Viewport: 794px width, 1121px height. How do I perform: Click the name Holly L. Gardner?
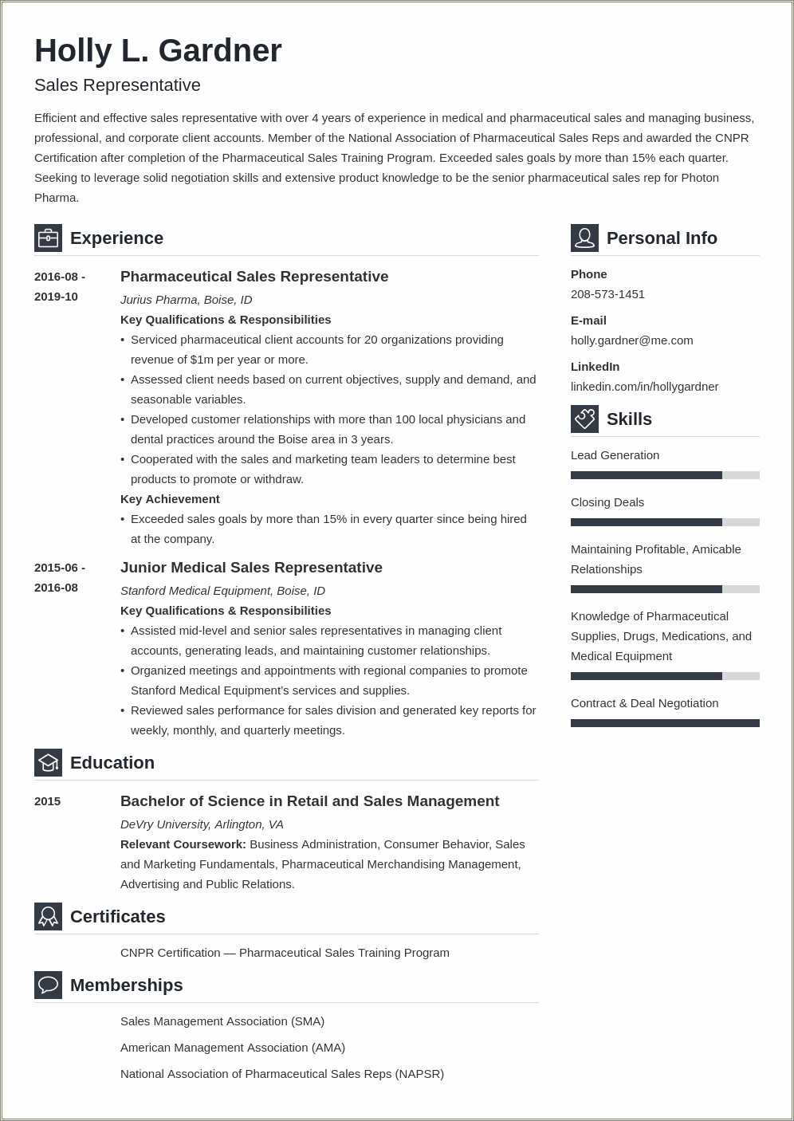[158, 51]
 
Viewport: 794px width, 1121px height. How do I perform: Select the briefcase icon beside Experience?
[48, 238]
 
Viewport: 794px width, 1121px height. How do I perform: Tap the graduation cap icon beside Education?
[48, 762]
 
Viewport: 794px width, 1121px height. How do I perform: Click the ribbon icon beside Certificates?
[48, 916]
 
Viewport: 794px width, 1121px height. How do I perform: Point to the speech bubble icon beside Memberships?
[48, 985]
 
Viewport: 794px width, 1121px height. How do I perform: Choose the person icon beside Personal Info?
[584, 238]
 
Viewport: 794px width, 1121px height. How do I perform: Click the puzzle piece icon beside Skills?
[584, 419]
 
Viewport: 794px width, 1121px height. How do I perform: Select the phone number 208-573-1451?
[607, 294]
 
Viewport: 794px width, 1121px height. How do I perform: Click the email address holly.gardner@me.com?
[631, 340]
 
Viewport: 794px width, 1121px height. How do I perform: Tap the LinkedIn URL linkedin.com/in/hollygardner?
[644, 387]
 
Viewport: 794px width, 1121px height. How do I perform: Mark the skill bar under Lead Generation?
[665, 475]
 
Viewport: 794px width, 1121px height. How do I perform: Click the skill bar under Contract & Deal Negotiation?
[665, 723]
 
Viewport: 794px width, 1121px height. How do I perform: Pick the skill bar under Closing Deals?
[665, 522]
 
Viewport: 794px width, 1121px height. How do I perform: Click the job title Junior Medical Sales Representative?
[251, 568]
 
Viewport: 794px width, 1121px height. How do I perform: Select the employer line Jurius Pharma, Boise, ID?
[186, 300]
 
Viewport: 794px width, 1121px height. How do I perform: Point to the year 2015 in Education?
[47, 801]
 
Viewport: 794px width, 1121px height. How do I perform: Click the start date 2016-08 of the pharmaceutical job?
[57, 277]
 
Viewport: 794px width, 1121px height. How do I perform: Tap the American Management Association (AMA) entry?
[233, 1048]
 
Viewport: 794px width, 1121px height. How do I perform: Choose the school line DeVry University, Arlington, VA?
[202, 824]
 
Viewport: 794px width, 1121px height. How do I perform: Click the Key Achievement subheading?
[170, 499]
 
